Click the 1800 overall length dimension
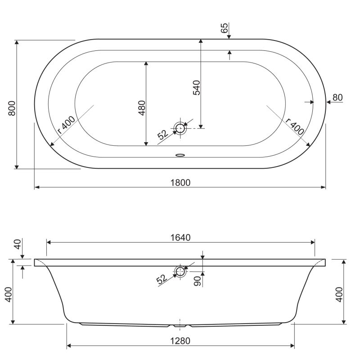point(180,182)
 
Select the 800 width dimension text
point(12,108)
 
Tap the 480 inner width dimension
point(141,108)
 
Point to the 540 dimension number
point(196,87)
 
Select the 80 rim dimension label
point(337,98)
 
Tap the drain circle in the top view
point(180,128)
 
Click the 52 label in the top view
point(162,135)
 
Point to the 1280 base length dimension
point(181,341)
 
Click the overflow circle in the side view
point(180,271)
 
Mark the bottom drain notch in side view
point(180,324)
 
